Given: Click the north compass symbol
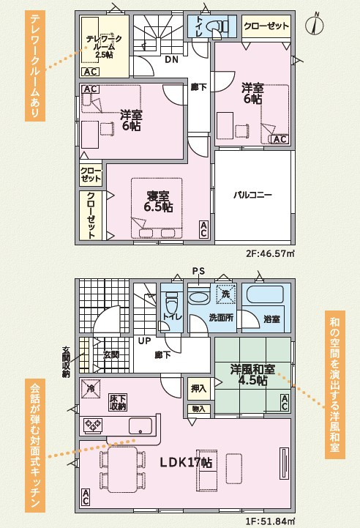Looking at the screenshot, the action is [x=315, y=25].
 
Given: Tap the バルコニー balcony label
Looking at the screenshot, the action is [x=252, y=195].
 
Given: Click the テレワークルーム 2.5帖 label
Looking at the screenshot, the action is [x=104, y=47].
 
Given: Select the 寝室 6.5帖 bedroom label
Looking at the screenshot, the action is [x=158, y=201].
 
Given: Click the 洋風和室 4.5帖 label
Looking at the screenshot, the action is [x=252, y=374].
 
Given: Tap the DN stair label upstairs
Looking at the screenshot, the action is [x=171, y=60].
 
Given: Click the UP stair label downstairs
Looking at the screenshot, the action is [x=144, y=341].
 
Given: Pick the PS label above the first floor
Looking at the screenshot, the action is [x=198, y=272].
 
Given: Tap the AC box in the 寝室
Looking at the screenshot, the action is [x=203, y=229].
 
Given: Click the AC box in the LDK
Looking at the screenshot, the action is [x=86, y=497].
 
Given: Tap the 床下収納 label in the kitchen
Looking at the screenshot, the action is [x=118, y=402].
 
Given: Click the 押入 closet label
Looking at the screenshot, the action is [x=198, y=388].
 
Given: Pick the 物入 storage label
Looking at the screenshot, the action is [x=198, y=409].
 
